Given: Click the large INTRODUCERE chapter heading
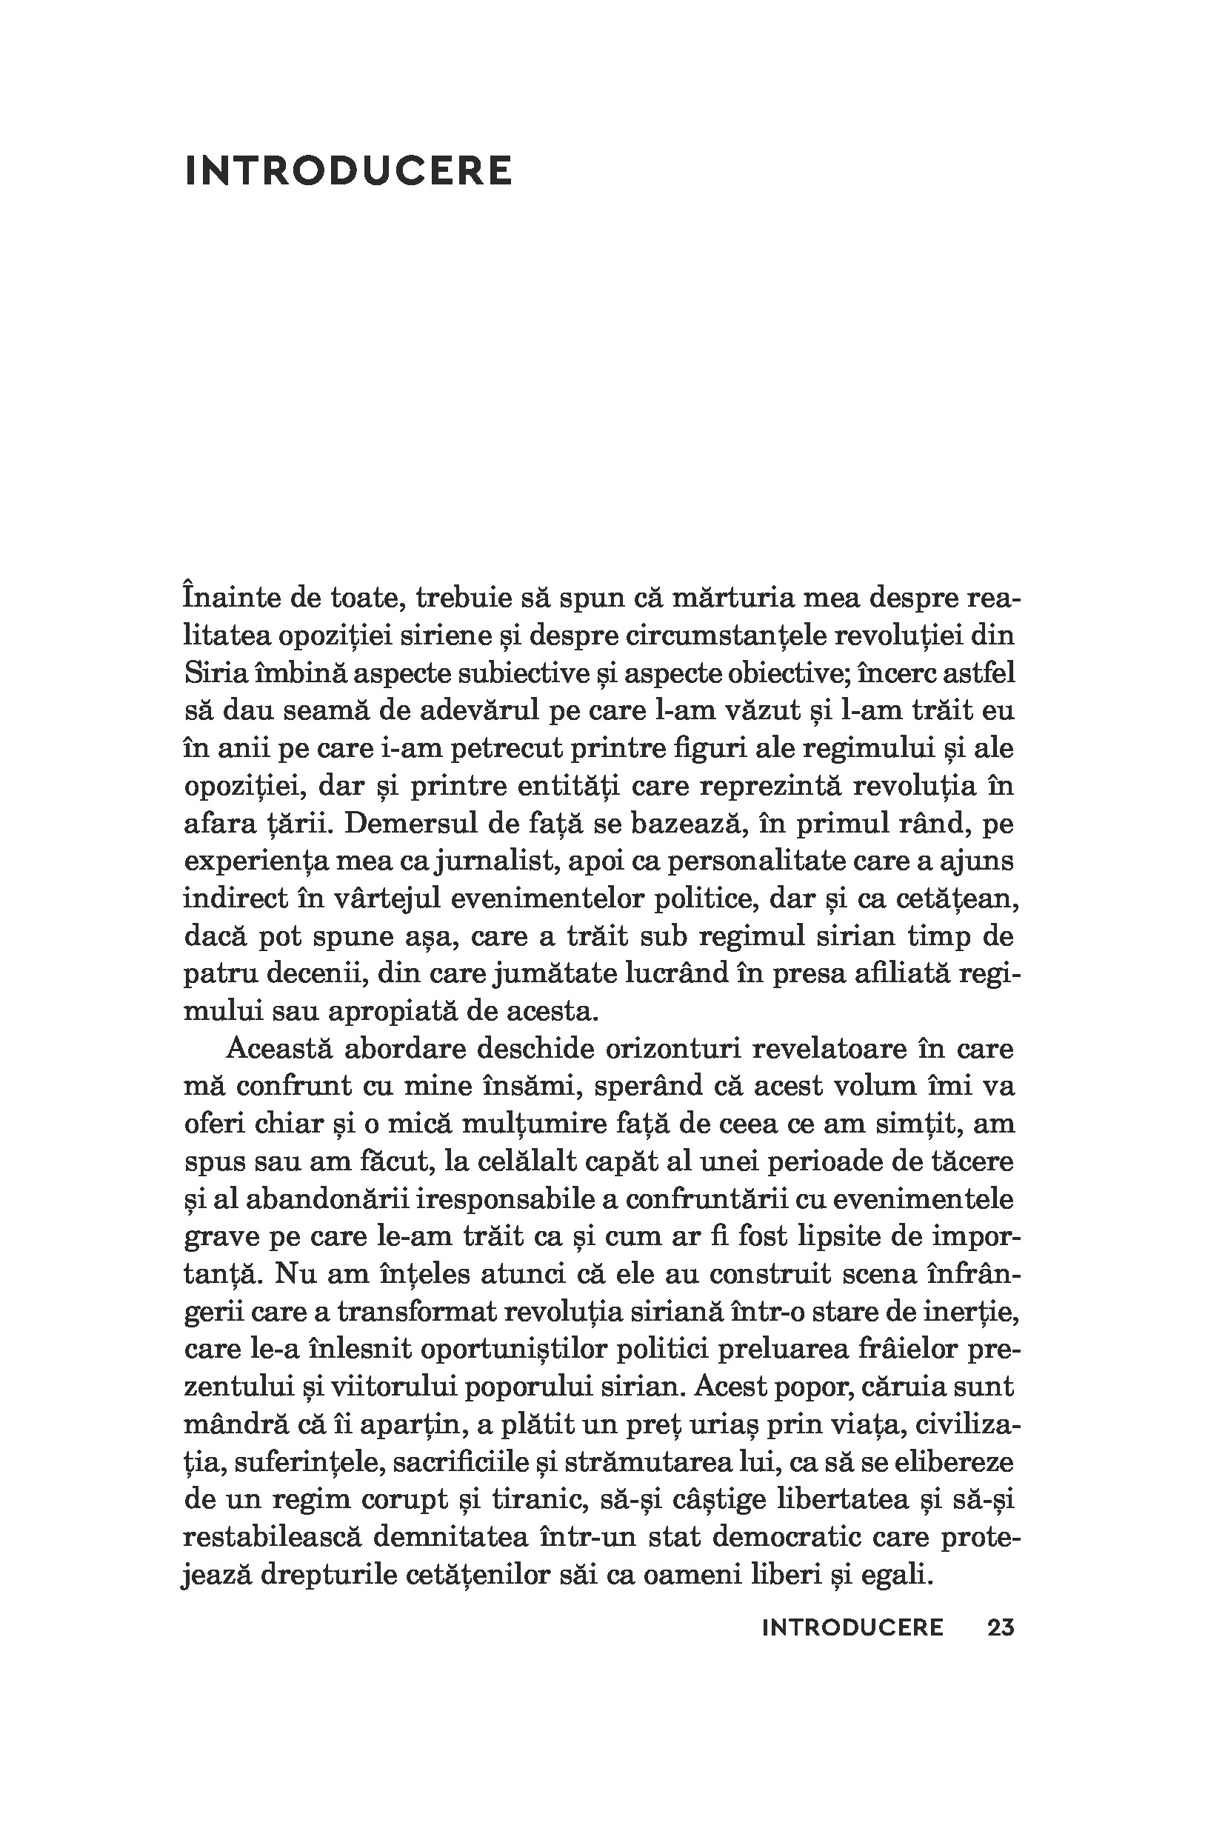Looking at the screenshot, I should click(348, 171).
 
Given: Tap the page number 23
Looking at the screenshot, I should click(1001, 1627).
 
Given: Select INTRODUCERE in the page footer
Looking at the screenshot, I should click(852, 1627).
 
